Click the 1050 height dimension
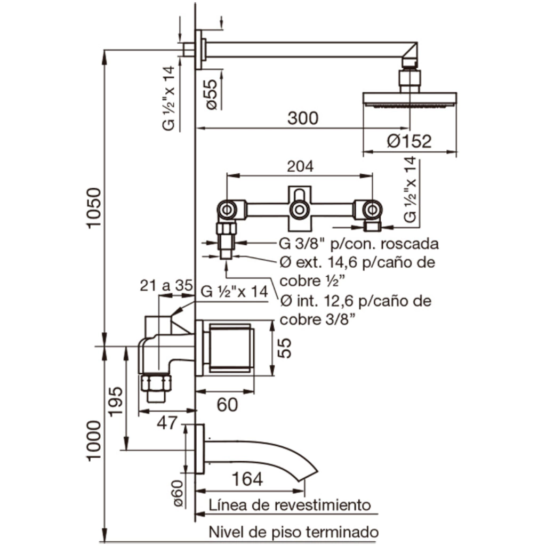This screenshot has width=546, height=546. [93, 208]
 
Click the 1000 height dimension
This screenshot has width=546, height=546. [93, 441]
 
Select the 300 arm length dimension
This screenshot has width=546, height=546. [302, 118]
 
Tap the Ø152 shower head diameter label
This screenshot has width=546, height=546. [409, 141]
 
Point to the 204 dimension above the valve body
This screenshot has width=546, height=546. [300, 166]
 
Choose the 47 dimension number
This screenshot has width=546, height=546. [167, 423]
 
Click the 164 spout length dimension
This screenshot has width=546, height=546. [247, 479]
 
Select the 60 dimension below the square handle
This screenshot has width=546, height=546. [227, 405]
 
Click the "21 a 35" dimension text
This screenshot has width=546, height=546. [166, 286]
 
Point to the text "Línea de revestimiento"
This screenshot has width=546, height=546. [290, 504]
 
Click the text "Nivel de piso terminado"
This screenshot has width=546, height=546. [294, 532]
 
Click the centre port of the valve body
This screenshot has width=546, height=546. [299, 210]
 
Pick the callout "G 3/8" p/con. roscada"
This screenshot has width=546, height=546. [359, 244]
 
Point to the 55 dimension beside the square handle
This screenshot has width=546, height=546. [286, 348]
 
